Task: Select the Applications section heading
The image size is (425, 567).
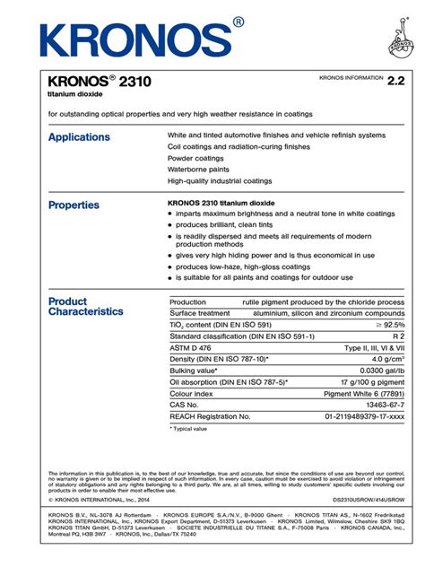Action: [79, 137]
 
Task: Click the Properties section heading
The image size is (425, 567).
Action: [74, 205]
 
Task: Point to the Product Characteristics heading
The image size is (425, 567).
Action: [85, 307]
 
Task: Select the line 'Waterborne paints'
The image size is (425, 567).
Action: [201, 169]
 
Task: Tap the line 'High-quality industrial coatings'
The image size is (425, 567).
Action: [220, 180]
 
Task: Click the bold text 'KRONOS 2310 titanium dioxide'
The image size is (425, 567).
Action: [221, 203]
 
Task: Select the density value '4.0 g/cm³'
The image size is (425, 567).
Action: [386, 359]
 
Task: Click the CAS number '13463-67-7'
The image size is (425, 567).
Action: [385, 405]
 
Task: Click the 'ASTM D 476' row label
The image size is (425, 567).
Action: [190, 347]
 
